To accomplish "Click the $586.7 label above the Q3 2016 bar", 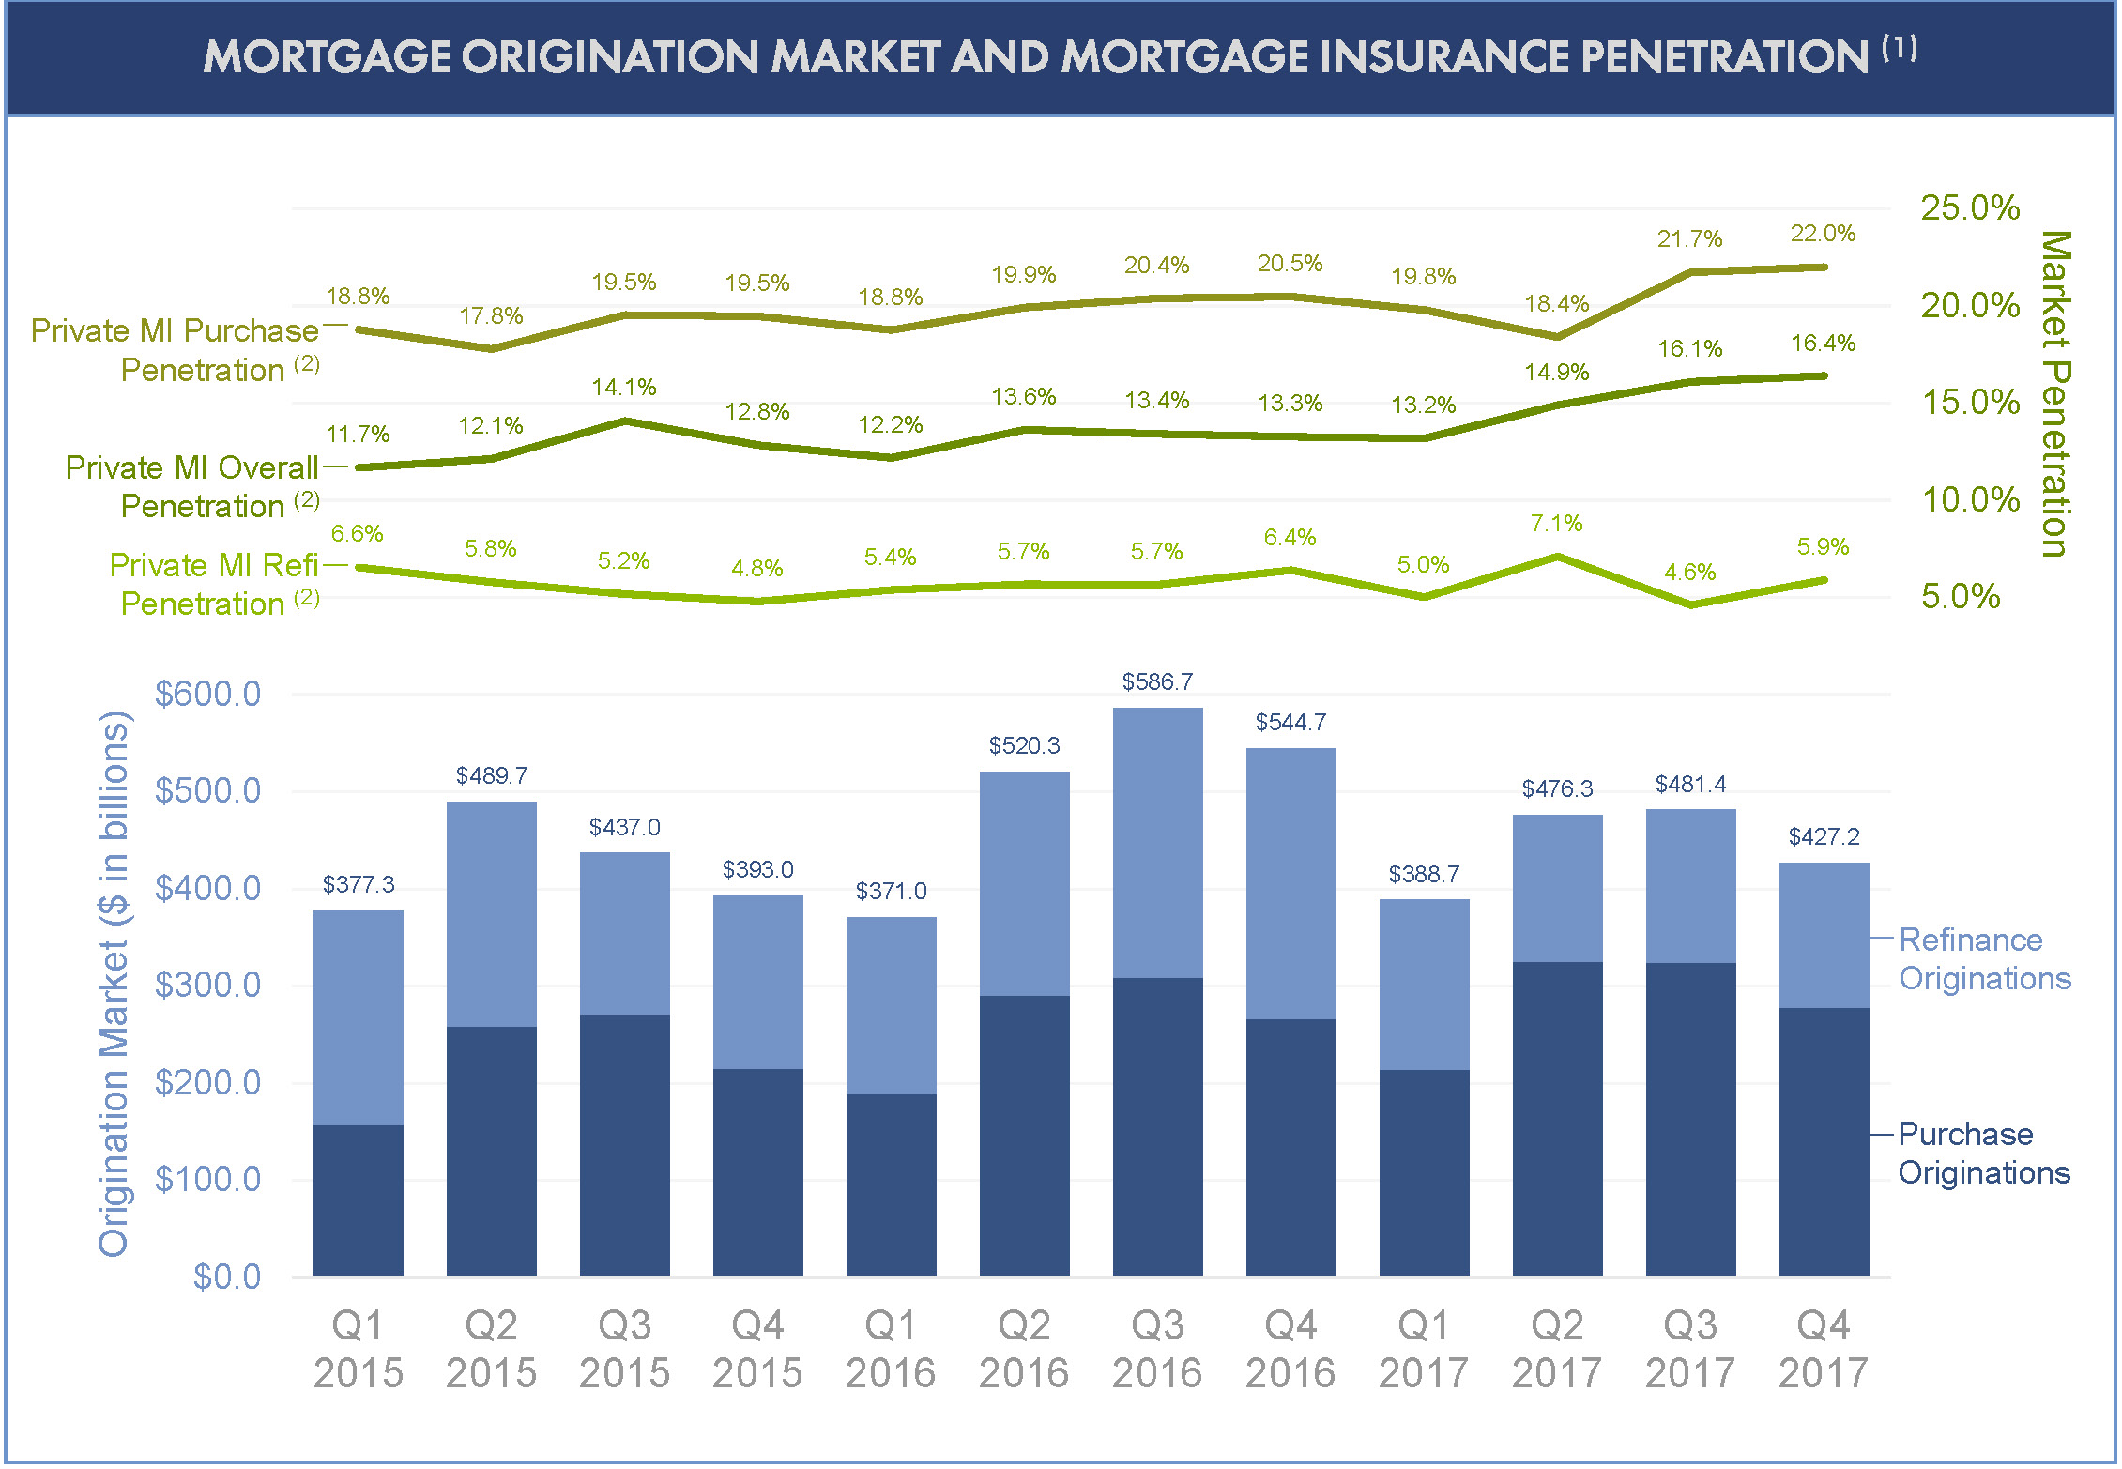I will [x=1157, y=681].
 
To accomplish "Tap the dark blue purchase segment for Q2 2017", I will [x=1557, y=1118].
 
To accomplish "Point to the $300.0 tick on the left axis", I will [x=207, y=985].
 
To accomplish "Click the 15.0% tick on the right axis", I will [x=1970, y=402].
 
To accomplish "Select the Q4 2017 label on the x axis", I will [x=1823, y=1349].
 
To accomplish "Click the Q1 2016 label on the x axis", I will [x=891, y=1349].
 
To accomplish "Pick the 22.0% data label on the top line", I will [x=1823, y=233].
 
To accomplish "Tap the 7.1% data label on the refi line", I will [x=1556, y=523].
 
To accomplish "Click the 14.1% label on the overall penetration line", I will [x=624, y=387].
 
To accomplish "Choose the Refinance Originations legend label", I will [x=1984, y=958].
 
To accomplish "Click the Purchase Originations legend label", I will [x=1983, y=1153].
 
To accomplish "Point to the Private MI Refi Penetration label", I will [x=215, y=584].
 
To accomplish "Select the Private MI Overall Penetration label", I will [x=192, y=486].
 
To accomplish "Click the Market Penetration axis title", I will [x=2055, y=394].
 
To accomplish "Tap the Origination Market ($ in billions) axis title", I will [x=114, y=983].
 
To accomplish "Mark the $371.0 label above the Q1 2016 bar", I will [x=891, y=891].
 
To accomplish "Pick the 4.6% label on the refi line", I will [x=1689, y=572].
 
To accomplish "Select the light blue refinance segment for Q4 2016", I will [x=1290, y=883].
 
